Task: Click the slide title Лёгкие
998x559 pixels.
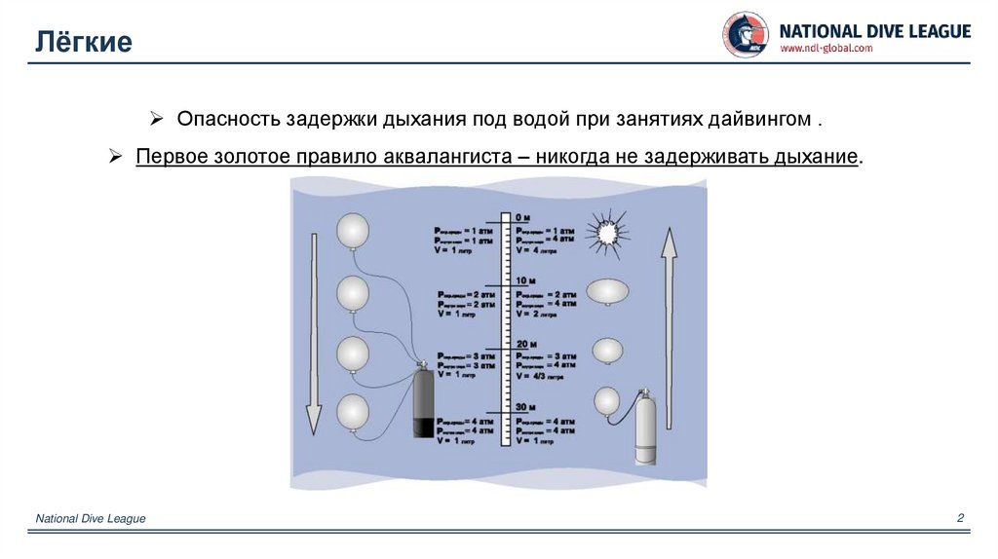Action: click(84, 42)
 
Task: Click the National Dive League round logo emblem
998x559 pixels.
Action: click(745, 34)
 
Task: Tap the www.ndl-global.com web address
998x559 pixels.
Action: click(826, 49)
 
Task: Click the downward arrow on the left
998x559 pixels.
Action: click(312, 330)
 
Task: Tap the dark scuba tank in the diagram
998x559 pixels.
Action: click(424, 403)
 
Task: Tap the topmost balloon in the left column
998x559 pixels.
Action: click(353, 232)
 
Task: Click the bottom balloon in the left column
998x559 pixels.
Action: click(353, 413)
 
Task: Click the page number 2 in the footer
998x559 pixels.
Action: click(960, 518)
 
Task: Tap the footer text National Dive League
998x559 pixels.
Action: click(91, 519)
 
